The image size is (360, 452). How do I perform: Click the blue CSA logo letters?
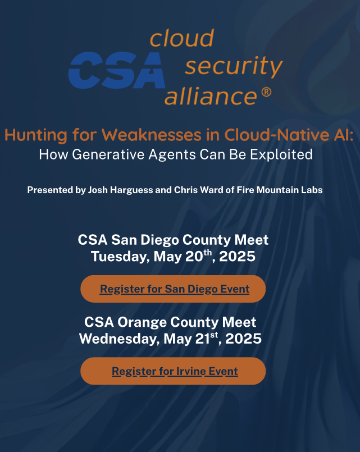(116, 70)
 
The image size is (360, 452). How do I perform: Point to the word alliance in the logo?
(211, 95)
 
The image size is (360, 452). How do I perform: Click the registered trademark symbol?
(266, 92)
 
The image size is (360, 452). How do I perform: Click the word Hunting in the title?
(36, 135)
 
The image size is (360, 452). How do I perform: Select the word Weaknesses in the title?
(152, 134)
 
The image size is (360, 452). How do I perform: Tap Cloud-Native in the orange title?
(277, 134)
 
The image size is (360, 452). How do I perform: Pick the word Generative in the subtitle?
(108, 154)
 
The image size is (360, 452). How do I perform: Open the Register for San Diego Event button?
(173, 289)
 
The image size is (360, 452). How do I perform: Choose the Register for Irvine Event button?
(173, 371)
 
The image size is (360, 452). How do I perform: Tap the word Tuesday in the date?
(120, 257)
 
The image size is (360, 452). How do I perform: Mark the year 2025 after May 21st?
(243, 339)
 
